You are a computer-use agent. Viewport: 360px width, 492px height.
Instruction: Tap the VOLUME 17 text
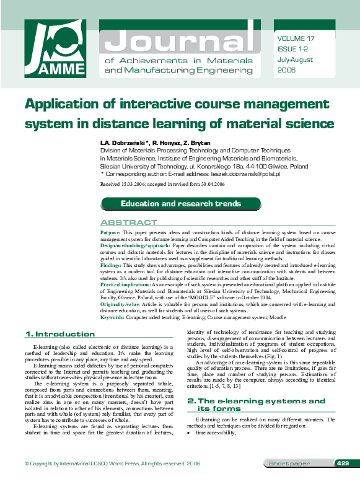tap(296, 38)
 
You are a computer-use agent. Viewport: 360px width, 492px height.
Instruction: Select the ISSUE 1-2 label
tap(292, 47)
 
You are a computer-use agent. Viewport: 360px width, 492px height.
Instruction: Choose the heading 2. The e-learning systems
tap(256, 401)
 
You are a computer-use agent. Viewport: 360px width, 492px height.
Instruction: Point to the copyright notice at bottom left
tap(112, 481)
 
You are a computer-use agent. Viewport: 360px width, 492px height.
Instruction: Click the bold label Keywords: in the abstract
tap(113, 317)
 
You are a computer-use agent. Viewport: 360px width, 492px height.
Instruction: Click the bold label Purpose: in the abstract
tap(112, 232)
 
